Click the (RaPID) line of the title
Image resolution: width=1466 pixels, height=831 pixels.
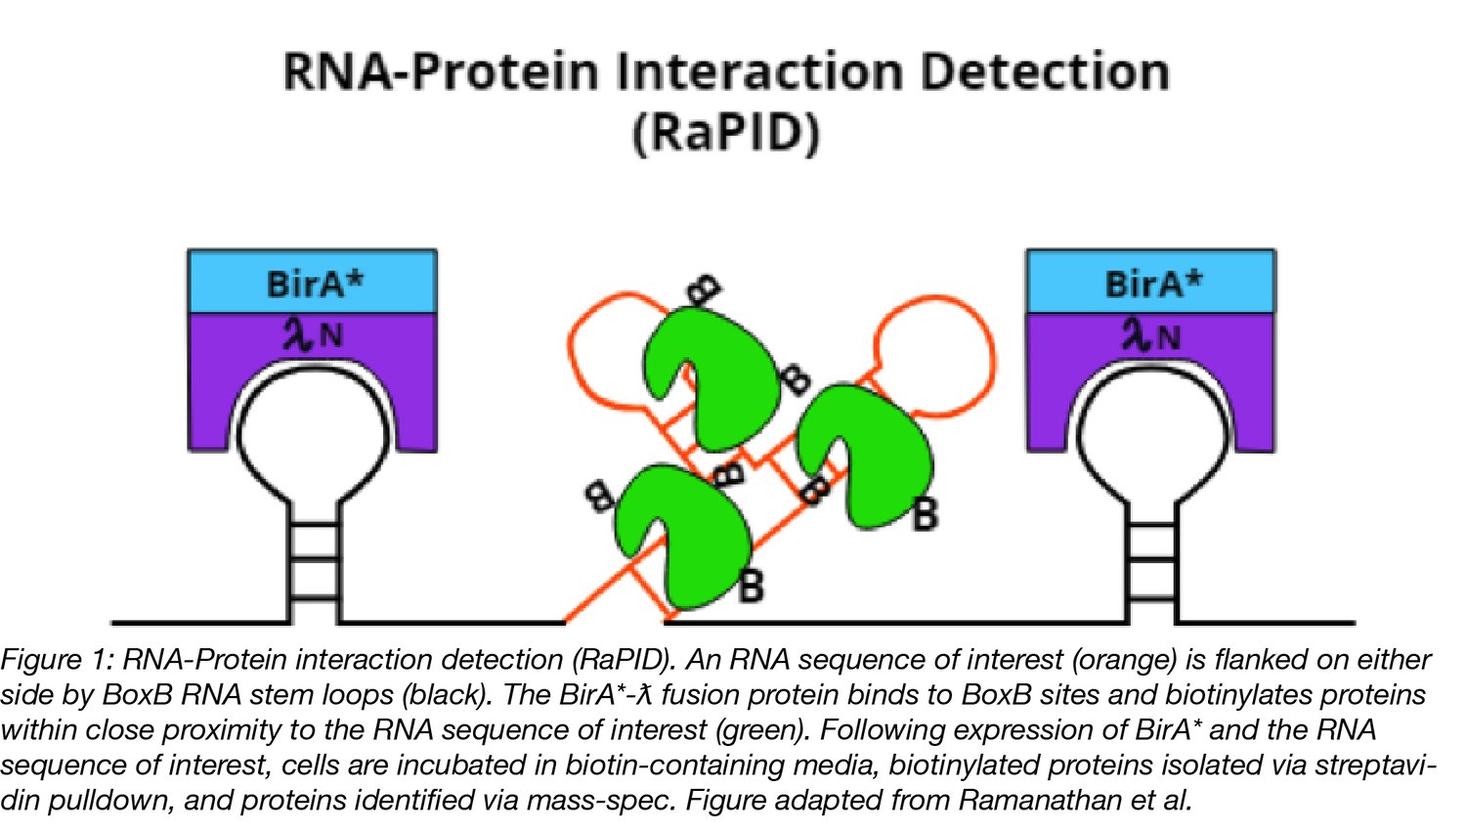tap(725, 133)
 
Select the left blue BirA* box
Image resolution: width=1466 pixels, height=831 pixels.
tap(312, 283)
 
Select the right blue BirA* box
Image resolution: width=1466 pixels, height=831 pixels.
tap(1150, 283)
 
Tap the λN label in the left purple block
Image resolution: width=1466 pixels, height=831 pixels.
tap(312, 335)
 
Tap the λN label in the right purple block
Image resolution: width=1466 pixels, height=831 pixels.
tap(1150, 335)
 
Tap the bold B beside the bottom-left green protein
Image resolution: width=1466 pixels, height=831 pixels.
tap(751, 587)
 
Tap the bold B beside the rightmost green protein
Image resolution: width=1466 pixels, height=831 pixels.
tap(925, 514)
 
